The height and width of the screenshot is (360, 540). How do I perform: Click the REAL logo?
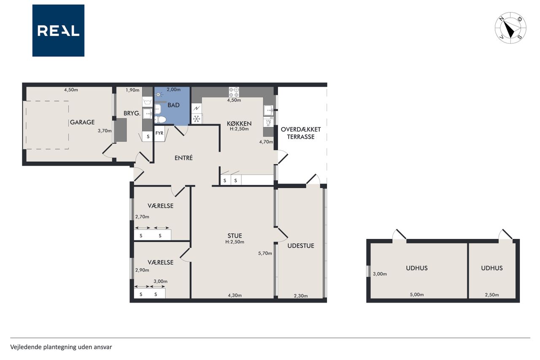(x=58, y=31)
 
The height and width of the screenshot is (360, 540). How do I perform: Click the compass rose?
(x=510, y=28)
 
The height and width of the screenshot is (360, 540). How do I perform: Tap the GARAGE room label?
(x=82, y=122)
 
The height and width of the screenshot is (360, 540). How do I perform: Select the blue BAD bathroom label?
(x=173, y=105)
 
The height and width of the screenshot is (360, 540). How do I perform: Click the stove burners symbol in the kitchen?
(x=234, y=92)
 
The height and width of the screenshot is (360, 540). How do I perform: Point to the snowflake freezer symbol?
(x=197, y=119)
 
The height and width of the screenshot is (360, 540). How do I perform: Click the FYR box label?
(x=159, y=133)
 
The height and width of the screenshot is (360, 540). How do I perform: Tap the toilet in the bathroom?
(x=160, y=119)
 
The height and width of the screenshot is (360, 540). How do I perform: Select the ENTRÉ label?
(x=184, y=158)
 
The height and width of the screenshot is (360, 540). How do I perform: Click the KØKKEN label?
(x=239, y=124)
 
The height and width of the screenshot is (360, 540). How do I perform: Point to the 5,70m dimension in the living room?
(x=265, y=253)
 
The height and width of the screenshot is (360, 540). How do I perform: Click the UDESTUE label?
(x=301, y=246)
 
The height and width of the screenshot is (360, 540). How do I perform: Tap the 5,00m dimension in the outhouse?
(x=417, y=295)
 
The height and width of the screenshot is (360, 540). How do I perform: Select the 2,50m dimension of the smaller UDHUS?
(x=492, y=295)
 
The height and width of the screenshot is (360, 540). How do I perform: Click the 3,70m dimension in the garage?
(x=105, y=131)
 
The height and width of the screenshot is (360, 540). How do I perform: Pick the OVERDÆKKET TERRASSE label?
(x=301, y=133)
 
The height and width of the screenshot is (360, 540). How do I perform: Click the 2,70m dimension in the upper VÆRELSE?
(x=142, y=217)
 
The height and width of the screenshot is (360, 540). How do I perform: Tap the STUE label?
(x=235, y=235)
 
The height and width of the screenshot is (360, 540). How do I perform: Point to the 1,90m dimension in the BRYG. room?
(x=132, y=90)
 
